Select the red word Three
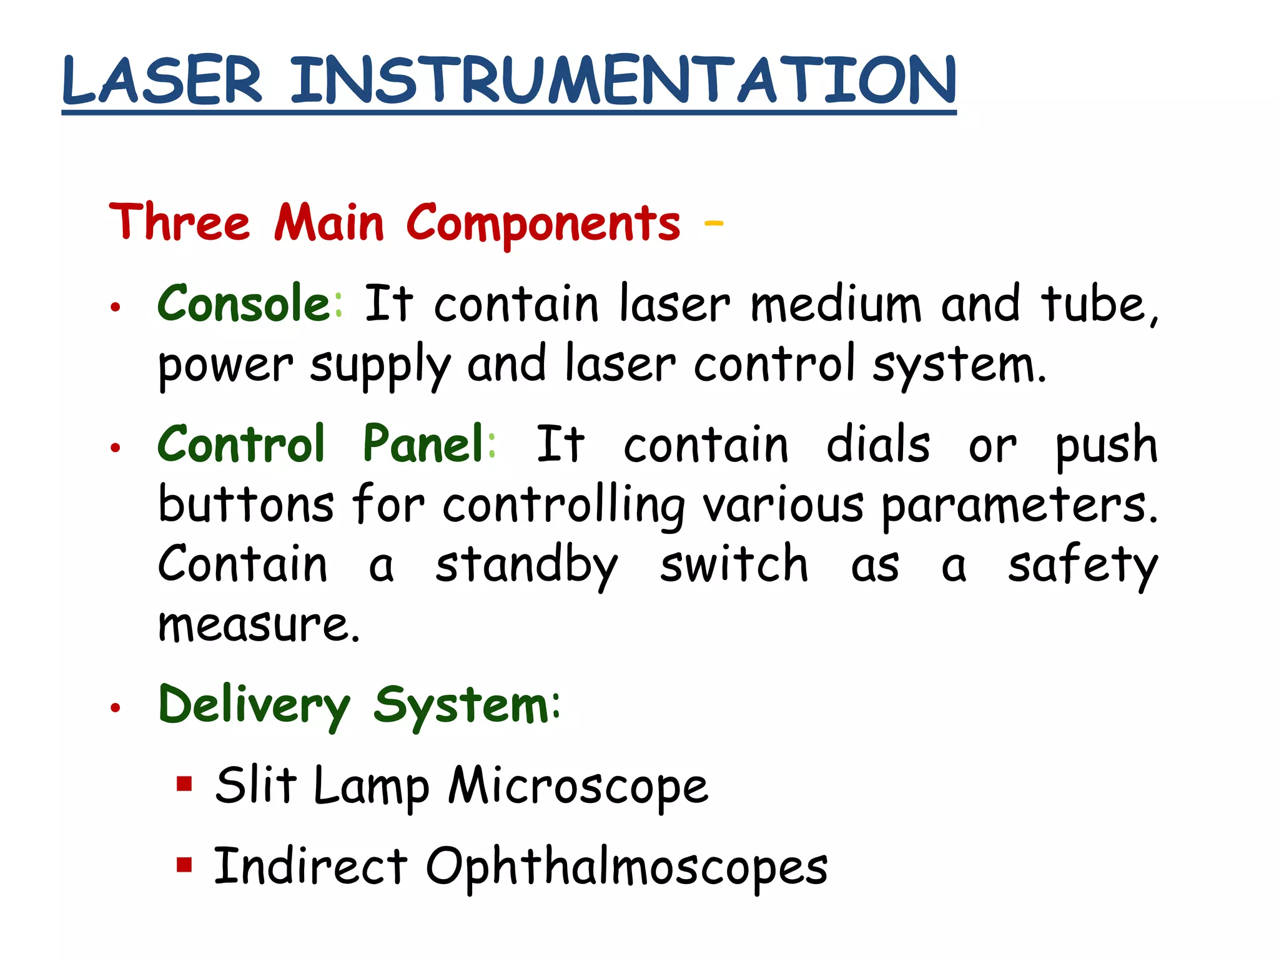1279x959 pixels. click(x=180, y=222)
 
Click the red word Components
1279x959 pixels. click(x=543, y=224)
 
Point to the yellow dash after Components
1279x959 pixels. click(x=713, y=222)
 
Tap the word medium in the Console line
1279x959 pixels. click(x=836, y=305)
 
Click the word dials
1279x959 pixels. click(x=878, y=445)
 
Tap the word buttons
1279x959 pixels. click(x=246, y=504)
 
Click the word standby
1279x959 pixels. click(x=526, y=566)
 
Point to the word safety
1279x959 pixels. click(x=1082, y=566)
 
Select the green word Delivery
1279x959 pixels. click(x=254, y=706)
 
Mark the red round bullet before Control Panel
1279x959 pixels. click(x=115, y=448)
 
